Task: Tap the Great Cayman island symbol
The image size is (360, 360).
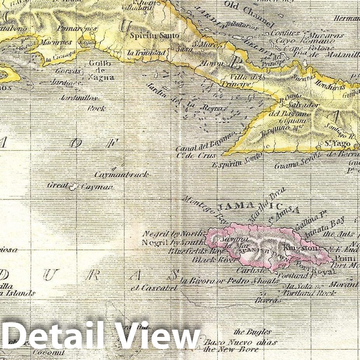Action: pos(72,187)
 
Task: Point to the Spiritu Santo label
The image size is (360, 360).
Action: pos(155,35)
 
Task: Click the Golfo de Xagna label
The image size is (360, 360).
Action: pos(101,70)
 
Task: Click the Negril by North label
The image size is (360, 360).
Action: pos(173,234)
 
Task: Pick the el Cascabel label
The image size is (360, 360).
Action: pos(154,288)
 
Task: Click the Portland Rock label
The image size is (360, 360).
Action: pos(310,293)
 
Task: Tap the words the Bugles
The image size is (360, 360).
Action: pos(253,332)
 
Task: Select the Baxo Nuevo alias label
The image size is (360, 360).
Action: pos(241,342)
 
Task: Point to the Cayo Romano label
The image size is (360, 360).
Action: pos(305,41)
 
